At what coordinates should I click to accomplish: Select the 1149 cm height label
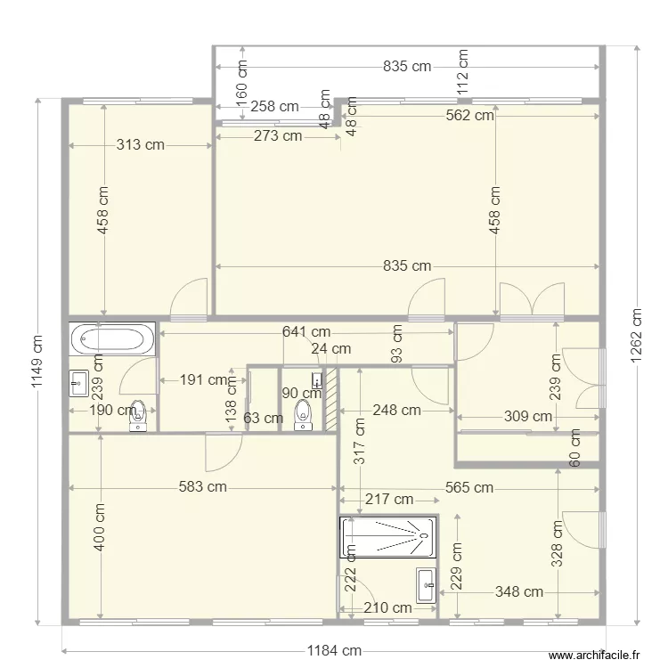(x=37, y=362)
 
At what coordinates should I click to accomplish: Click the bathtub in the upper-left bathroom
(x=111, y=338)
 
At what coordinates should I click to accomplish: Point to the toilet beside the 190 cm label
(x=138, y=415)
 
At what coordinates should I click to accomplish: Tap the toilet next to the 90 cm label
(x=303, y=413)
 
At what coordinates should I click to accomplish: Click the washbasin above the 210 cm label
(x=425, y=583)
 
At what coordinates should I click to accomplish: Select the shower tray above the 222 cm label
(x=387, y=537)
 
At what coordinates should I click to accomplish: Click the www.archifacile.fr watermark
(x=595, y=655)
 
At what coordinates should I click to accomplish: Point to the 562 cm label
(x=469, y=115)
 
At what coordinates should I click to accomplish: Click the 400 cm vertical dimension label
(x=100, y=526)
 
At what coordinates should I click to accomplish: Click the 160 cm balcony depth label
(x=241, y=80)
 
